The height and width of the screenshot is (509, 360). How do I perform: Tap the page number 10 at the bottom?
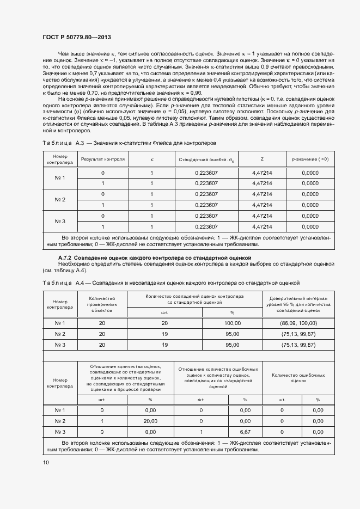[x=45, y=462]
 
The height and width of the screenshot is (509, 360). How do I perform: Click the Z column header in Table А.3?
[x=262, y=160]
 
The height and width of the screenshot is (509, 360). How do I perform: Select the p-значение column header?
[x=310, y=160]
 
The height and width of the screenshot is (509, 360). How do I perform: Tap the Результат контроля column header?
[x=103, y=160]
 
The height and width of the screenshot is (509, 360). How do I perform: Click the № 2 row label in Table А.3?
[x=60, y=199]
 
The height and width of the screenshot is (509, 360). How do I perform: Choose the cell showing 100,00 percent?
[x=232, y=323]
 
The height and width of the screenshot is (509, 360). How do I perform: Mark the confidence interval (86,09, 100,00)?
[x=297, y=323]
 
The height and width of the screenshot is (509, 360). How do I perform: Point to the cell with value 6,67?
[x=245, y=432]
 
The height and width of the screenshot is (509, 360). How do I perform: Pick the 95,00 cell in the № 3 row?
[x=232, y=345]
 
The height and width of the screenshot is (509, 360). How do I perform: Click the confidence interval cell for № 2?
[x=297, y=334]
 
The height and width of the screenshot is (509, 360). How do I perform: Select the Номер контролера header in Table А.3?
[x=60, y=160]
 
